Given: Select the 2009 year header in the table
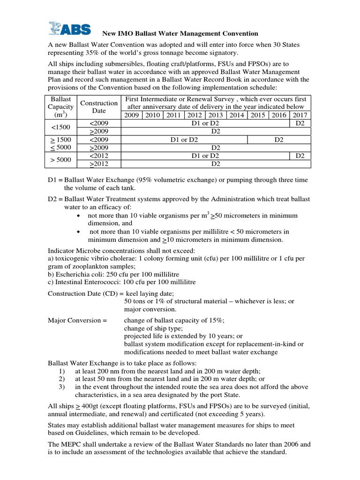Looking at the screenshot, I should [x=132, y=115].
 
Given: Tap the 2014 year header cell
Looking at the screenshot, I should [x=237, y=115].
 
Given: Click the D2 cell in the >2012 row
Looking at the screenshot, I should [x=216, y=164].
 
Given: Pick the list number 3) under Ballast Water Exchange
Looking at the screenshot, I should [x=62, y=387].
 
